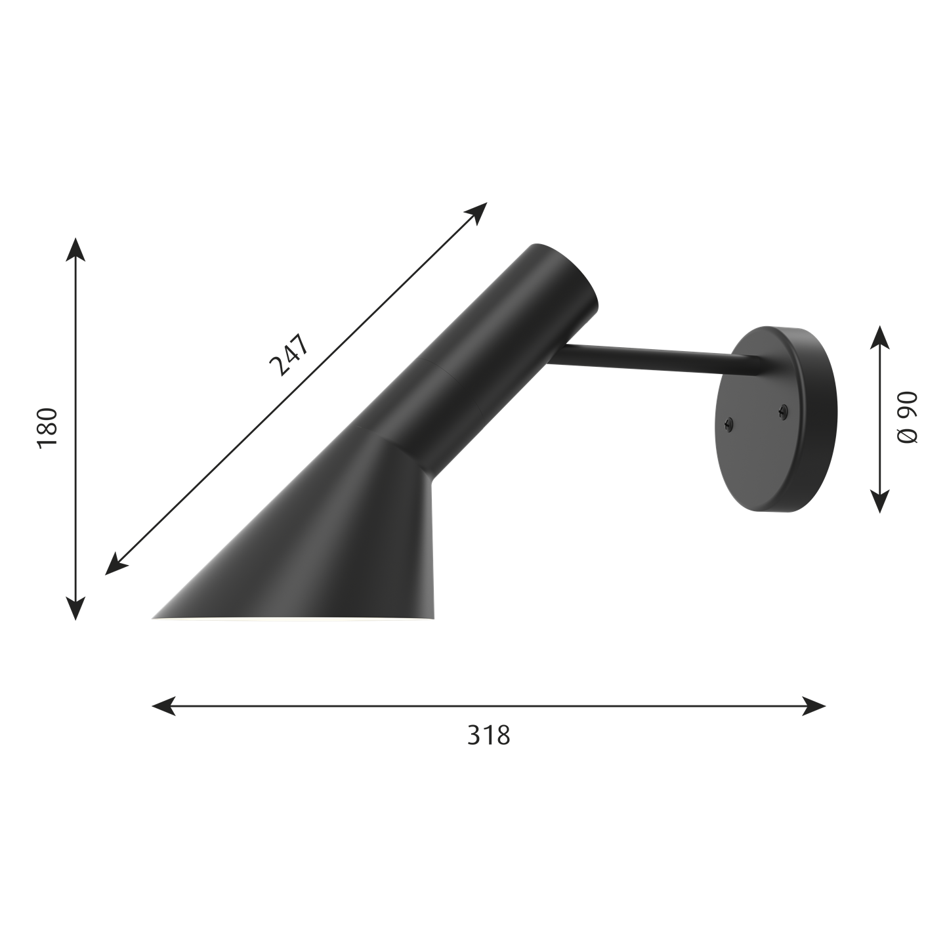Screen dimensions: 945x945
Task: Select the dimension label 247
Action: coord(290,354)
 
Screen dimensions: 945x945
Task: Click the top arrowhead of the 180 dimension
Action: coord(75,249)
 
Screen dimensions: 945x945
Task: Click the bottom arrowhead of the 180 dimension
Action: coord(75,608)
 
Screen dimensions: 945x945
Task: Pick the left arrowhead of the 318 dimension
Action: coord(164,705)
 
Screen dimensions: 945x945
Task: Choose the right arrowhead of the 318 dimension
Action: coord(814,705)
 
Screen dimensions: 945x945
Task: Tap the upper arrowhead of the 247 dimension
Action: coord(476,213)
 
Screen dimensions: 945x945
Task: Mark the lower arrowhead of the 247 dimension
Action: coord(116,564)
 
